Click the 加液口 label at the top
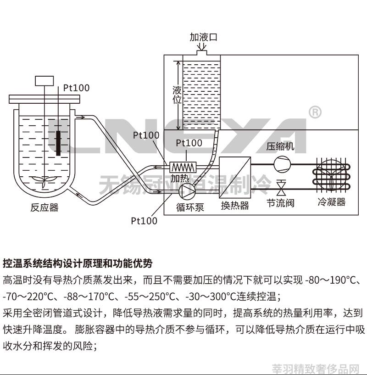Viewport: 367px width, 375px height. [x=204, y=37]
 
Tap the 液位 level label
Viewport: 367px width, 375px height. [x=177, y=95]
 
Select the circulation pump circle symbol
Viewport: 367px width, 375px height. [x=187, y=190]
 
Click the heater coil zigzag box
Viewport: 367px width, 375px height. [x=183, y=167]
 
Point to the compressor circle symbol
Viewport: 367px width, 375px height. [x=282, y=164]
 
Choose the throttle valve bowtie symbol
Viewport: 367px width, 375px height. [x=281, y=187]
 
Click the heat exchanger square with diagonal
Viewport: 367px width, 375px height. [x=235, y=178]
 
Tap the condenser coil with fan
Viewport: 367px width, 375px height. [x=332, y=175]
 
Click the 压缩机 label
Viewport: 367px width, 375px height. [x=280, y=146]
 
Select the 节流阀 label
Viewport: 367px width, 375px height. [x=280, y=203]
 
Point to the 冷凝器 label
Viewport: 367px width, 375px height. [x=332, y=202]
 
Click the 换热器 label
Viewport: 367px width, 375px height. [x=235, y=206]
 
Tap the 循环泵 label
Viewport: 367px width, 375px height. [x=190, y=207]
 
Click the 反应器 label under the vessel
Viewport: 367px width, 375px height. [x=44, y=207]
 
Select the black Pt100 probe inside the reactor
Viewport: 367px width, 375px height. [x=58, y=143]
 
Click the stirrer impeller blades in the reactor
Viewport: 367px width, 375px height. [x=44, y=181]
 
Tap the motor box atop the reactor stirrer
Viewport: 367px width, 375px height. [x=44, y=81]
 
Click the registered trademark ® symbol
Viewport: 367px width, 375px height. [x=315, y=112]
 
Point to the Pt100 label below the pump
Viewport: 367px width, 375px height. [x=144, y=221]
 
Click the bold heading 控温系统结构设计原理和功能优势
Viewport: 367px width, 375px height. [x=78, y=263]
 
